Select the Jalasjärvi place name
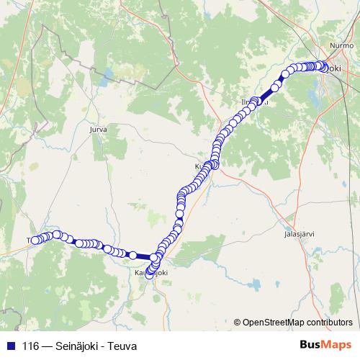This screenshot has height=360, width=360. (299, 235)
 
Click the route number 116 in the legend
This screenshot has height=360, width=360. (31, 345)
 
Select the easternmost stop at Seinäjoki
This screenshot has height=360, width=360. (325, 68)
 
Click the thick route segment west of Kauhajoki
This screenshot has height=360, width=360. (143, 256)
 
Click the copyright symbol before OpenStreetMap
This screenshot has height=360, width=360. (238, 322)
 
